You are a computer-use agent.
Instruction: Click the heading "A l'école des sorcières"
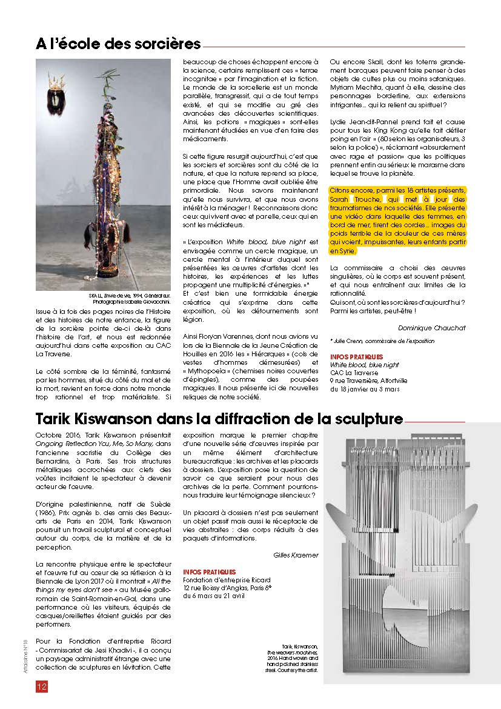(118, 44)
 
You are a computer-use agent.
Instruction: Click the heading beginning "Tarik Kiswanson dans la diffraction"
(219, 419)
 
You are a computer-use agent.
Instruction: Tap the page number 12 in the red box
(42, 687)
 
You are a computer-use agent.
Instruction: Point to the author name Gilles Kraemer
(296, 554)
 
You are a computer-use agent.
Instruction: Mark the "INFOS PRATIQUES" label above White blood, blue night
(356, 357)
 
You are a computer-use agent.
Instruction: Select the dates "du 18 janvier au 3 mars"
(365, 389)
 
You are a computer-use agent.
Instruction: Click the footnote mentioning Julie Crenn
(382, 341)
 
